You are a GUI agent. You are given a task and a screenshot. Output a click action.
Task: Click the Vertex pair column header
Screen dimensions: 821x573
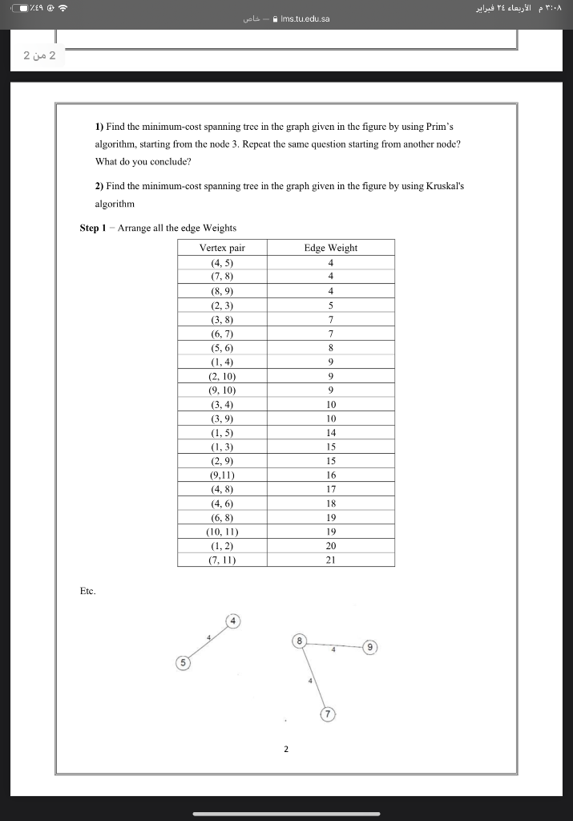click(222, 248)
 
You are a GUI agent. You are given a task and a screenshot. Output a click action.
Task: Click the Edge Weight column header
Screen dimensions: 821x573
click(330, 248)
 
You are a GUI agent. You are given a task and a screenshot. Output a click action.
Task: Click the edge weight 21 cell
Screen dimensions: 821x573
click(330, 560)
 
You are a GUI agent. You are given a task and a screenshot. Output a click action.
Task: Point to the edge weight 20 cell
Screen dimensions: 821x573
click(330, 545)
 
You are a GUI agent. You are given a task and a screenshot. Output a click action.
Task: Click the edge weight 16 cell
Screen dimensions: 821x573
click(330, 475)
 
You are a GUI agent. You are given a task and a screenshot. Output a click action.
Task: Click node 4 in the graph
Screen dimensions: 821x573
click(233, 621)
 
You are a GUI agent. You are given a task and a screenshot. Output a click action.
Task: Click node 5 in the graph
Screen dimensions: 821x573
click(184, 663)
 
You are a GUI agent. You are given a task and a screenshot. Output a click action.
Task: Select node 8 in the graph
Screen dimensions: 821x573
click(300, 641)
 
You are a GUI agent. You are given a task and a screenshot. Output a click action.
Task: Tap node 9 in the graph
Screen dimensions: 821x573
click(369, 646)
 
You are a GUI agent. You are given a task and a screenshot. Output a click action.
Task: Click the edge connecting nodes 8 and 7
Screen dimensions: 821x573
click(313, 677)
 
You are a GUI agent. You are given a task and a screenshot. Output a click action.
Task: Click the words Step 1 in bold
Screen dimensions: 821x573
click(95, 228)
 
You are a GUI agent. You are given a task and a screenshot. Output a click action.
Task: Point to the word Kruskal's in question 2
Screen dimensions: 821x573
click(445, 185)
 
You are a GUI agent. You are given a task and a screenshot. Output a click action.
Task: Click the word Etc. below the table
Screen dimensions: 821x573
click(87, 591)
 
